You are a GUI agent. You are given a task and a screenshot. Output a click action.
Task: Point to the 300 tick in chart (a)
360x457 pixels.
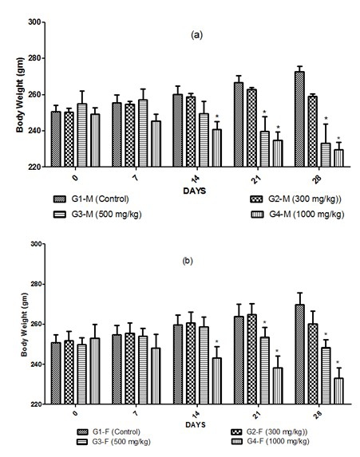34,22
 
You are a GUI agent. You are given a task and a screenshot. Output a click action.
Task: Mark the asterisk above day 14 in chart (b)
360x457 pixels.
216,343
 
